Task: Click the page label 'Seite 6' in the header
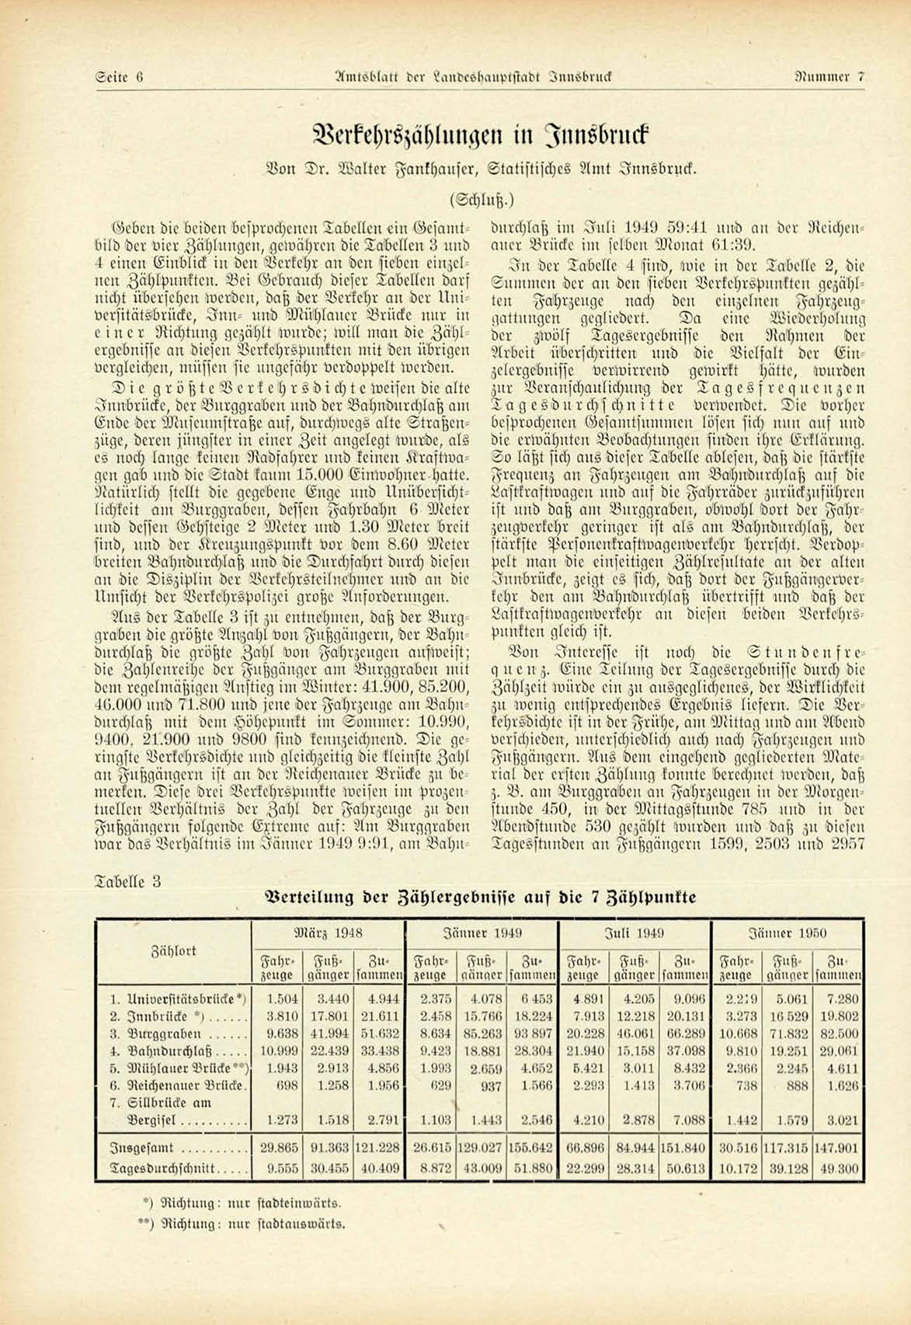119,77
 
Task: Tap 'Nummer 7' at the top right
829,77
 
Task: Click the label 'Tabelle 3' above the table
128,882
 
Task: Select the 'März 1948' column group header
329,933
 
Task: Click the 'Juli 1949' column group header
635,933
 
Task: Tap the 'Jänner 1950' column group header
788,933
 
